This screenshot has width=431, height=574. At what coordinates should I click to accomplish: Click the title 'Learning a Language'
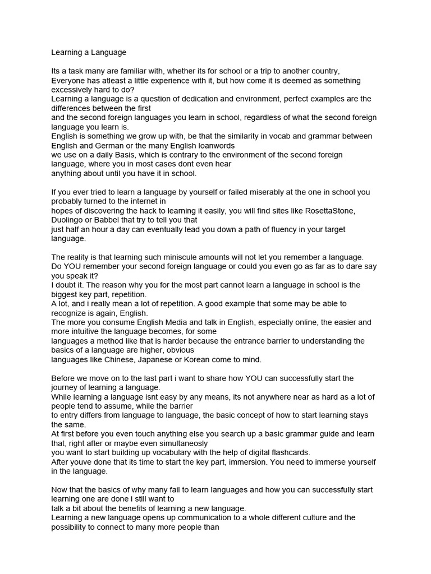tap(89, 53)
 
